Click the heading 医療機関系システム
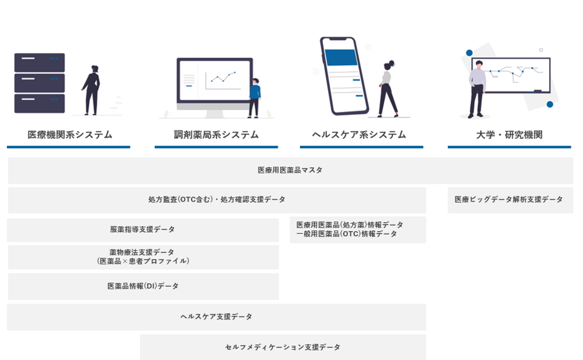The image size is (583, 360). tap(70, 135)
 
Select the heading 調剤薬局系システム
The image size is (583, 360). tap(216, 135)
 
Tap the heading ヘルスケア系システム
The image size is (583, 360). tap(359, 135)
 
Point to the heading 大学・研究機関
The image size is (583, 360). tap(509, 135)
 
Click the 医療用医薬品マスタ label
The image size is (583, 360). tap(290, 170)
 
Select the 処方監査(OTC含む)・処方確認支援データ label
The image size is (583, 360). tap(217, 200)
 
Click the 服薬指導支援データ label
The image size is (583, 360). tap(143, 230)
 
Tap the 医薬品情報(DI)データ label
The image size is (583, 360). tap(143, 286)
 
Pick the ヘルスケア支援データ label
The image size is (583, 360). tap(216, 317)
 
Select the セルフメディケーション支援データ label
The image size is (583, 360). tap(283, 347)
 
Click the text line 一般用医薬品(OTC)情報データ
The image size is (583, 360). tap(347, 234)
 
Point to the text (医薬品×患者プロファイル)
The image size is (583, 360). tap(143, 261)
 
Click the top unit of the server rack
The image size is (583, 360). tap(39, 62)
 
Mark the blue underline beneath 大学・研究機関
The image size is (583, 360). tap(509, 147)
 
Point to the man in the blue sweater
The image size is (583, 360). tap(254, 97)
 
